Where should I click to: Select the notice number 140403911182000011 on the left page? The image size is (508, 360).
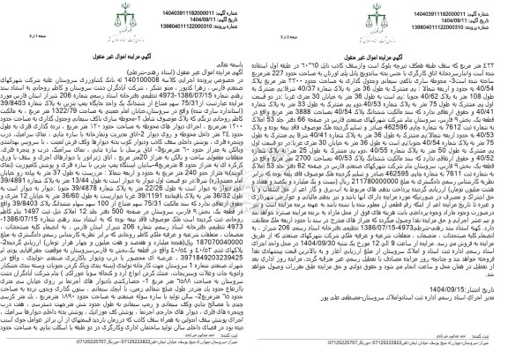coord(210,7)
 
